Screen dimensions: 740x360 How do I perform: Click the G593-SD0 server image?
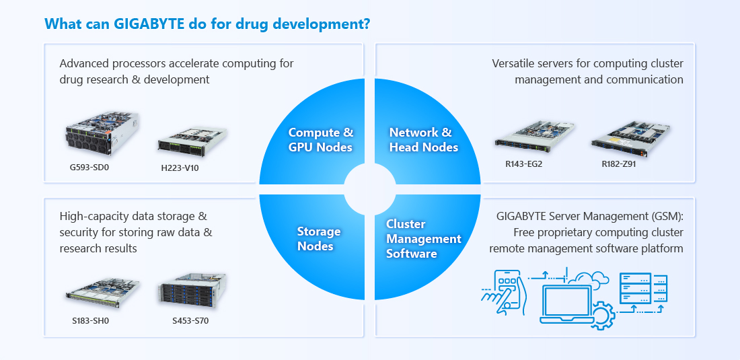tap(102, 133)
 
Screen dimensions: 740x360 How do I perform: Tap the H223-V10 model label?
tap(180, 168)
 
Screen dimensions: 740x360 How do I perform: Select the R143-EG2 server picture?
tap(534, 136)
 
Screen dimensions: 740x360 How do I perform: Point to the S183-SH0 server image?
tap(102, 293)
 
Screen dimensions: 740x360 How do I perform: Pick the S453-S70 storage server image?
tap(192, 291)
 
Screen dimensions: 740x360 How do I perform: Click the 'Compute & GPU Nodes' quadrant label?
tap(321, 140)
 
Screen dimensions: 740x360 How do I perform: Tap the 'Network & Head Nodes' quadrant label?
tap(423, 140)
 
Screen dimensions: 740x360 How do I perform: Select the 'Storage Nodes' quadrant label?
tap(319, 239)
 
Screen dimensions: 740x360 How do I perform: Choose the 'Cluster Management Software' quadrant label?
tap(423, 239)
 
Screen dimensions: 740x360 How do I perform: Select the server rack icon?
tap(644, 288)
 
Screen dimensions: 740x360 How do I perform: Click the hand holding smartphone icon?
tap(503, 292)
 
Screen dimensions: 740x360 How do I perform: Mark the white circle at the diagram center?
tap(369, 189)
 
